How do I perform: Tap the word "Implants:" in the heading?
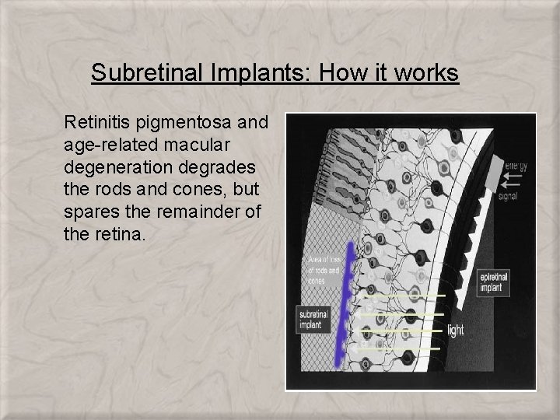coord(241,73)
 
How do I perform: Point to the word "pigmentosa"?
coord(188,122)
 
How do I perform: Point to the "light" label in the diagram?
coord(457,331)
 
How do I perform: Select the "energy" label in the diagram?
coord(516,166)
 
